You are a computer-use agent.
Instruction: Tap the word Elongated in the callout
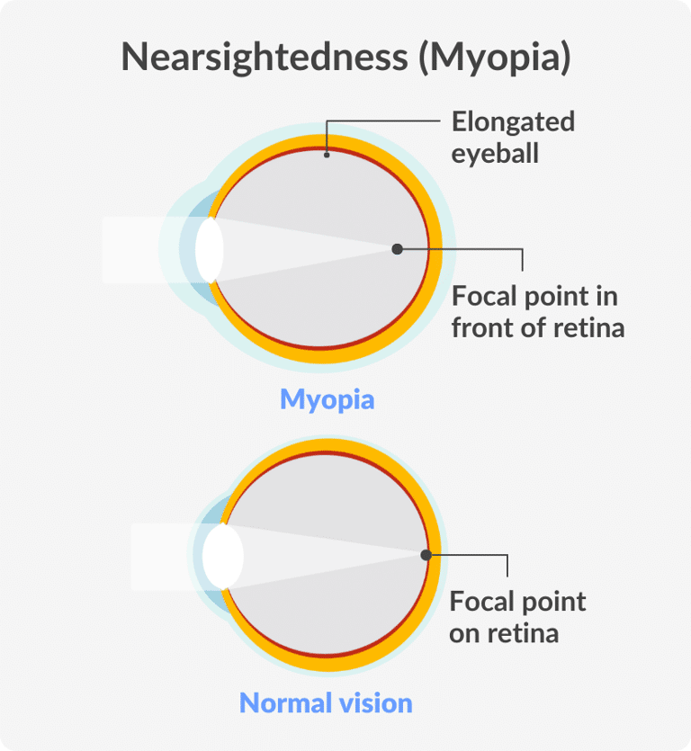pos(513,121)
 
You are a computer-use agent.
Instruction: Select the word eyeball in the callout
pos(495,153)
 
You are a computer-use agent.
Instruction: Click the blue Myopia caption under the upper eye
pos(327,398)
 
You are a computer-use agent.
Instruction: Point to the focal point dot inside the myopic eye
pos(398,249)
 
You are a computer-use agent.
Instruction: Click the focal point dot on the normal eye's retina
pos(426,555)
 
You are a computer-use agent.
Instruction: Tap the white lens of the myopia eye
pos(209,249)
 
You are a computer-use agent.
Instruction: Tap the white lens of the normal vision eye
pos(222,556)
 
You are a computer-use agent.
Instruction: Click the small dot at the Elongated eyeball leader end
pos(327,154)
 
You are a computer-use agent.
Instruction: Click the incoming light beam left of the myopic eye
pos(144,249)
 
